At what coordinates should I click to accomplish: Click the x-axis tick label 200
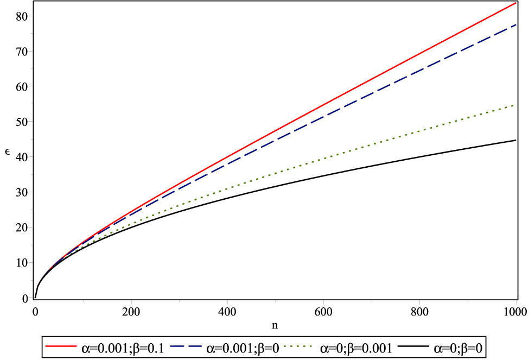[131, 312]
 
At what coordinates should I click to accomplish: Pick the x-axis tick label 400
[227, 312]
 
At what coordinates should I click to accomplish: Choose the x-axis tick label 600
[323, 312]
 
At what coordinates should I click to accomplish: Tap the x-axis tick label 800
[419, 312]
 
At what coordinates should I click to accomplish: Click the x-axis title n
[275, 325]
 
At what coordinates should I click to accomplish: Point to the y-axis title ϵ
[7, 157]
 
